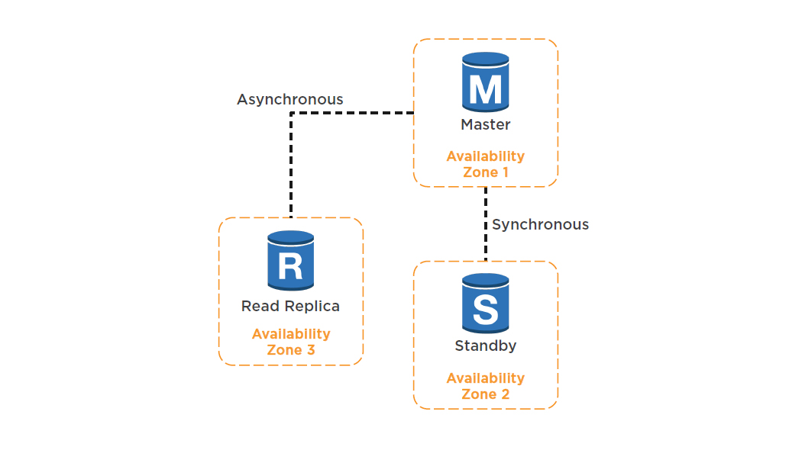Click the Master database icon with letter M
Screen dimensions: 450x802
tap(486, 82)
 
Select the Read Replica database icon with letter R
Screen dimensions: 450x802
tap(291, 261)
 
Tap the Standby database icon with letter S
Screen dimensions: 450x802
tap(486, 304)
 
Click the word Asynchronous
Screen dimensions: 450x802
tap(290, 99)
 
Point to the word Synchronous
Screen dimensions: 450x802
tap(541, 224)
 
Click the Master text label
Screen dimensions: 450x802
tap(486, 124)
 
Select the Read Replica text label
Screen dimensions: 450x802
tap(290, 306)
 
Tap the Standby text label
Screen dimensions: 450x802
tap(486, 346)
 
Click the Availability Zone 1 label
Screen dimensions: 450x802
tap(486, 164)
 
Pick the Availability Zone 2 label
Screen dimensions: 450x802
tap(486, 386)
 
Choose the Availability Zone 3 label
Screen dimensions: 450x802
tap(291, 342)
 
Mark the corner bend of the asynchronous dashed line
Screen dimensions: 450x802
tap(291, 114)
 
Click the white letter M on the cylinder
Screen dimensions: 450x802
tap(486, 89)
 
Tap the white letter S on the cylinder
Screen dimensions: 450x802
tap(486, 310)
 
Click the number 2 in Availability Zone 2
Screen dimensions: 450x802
tap(505, 394)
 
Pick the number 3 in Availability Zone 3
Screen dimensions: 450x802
tap(310, 350)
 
